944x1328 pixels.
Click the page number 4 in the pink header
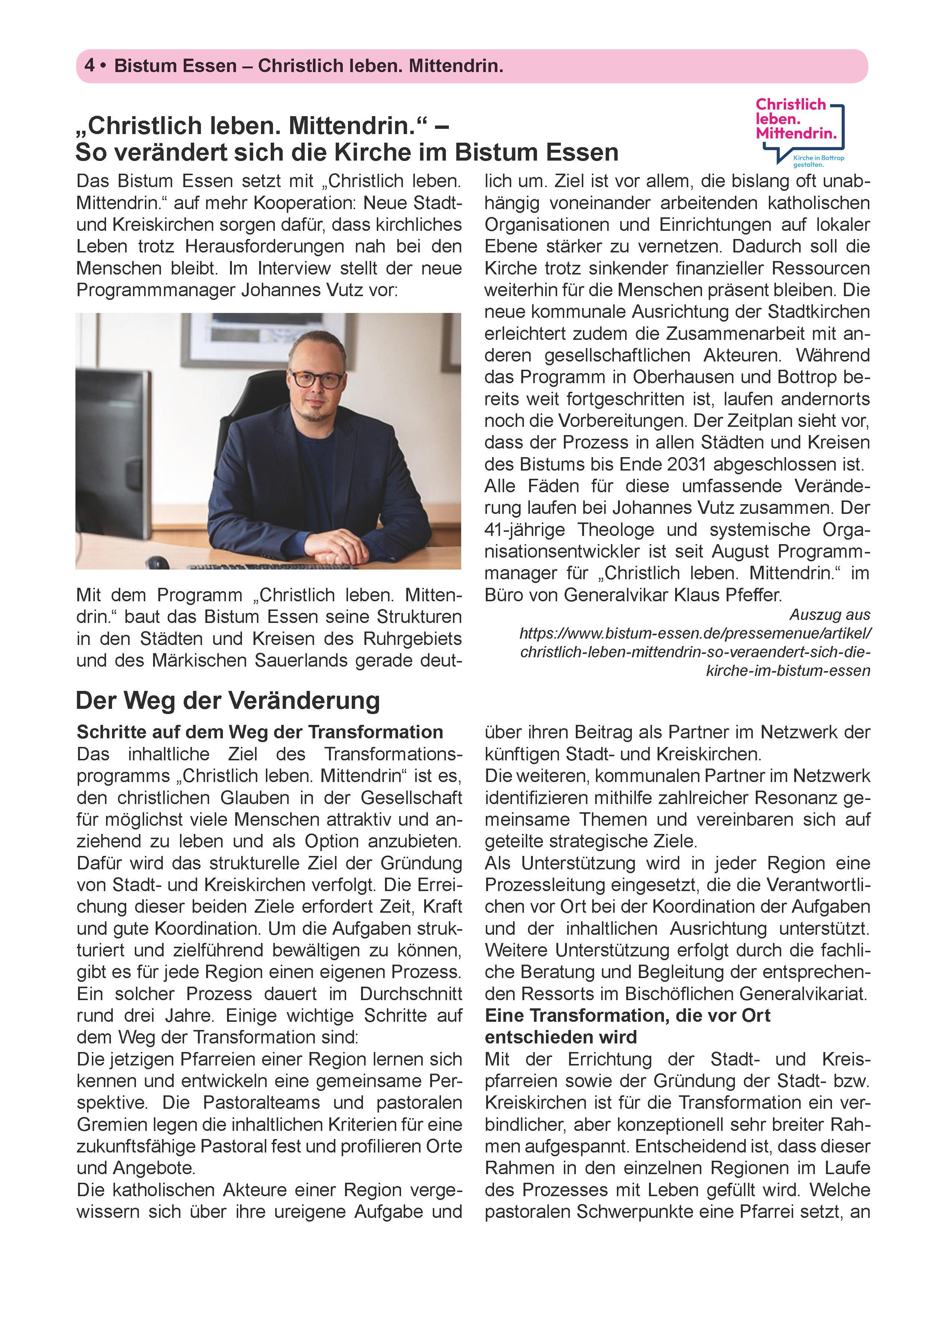90,66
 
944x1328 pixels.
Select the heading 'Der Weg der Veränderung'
227,700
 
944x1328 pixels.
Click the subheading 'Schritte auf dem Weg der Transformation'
260,732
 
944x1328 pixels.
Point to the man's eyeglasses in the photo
316,379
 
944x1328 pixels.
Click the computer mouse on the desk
158,562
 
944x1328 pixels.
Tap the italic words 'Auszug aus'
829,614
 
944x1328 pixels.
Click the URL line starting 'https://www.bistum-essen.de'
695,633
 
